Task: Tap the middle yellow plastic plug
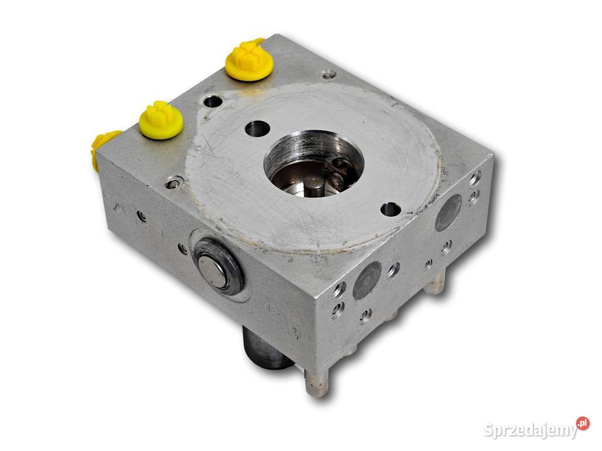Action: (161, 120)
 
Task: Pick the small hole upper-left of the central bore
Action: (257, 128)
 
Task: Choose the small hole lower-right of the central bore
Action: (391, 209)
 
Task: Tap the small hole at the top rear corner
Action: (329, 75)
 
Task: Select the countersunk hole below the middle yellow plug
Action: (174, 182)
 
